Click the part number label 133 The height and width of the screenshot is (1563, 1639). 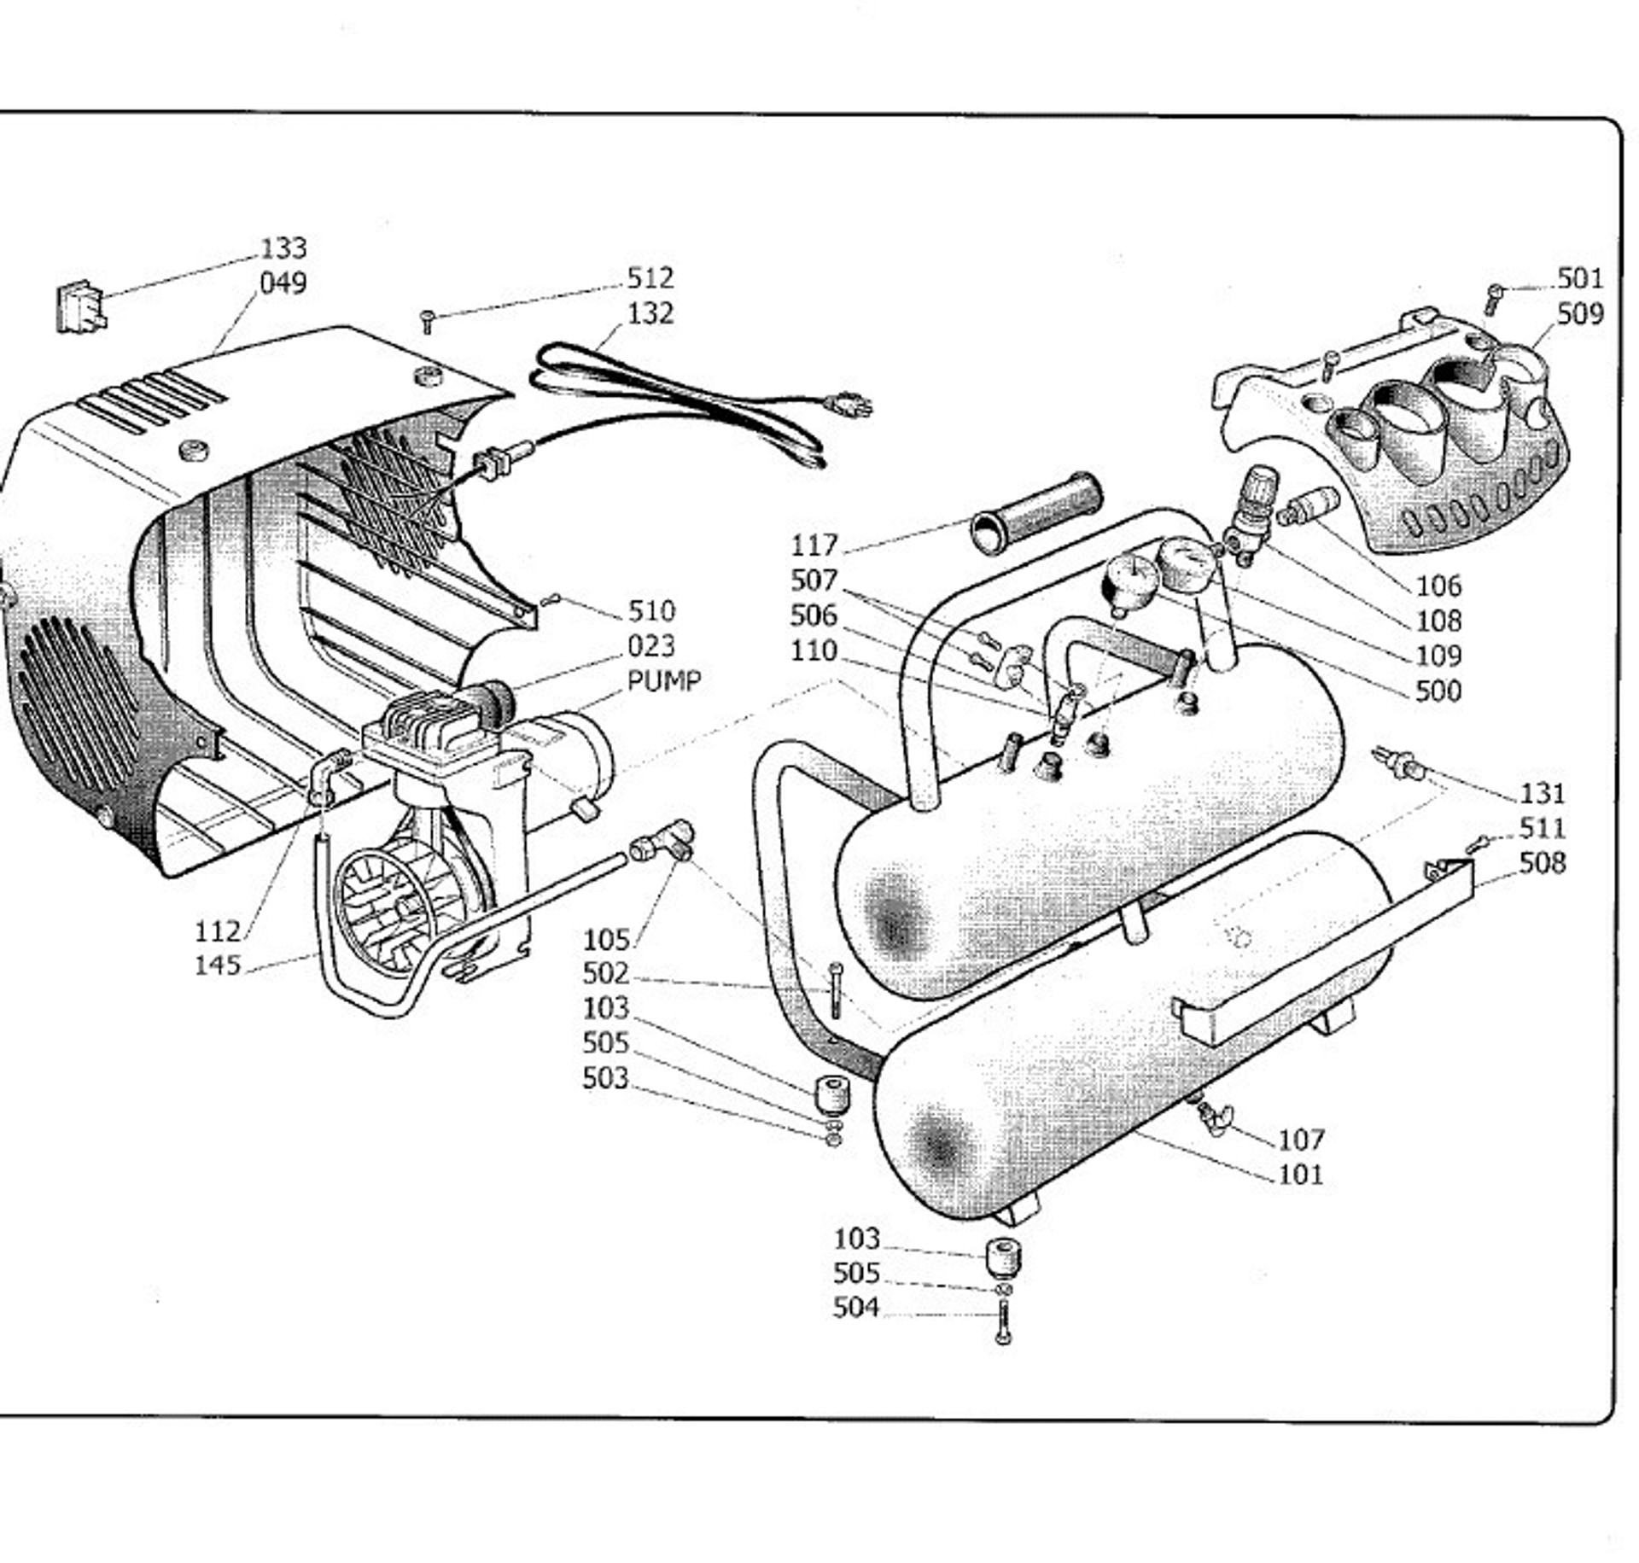pyautogui.click(x=283, y=248)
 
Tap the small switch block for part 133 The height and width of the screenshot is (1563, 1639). pyautogui.click(x=80, y=307)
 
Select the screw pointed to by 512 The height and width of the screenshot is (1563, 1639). pyautogui.click(x=429, y=321)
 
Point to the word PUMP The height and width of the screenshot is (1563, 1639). pyautogui.click(x=664, y=681)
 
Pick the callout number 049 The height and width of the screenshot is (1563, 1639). pyautogui.click(x=283, y=283)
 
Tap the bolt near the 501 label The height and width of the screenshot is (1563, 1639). pyautogui.click(x=1493, y=297)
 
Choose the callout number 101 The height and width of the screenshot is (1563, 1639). pyautogui.click(x=1300, y=1174)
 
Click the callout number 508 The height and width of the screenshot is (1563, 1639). pyautogui.click(x=1542, y=863)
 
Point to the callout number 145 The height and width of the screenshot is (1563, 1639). pyautogui.click(x=218, y=965)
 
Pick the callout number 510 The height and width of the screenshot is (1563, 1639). pyautogui.click(x=651, y=611)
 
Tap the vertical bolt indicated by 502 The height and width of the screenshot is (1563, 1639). pyautogui.click(x=836, y=990)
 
